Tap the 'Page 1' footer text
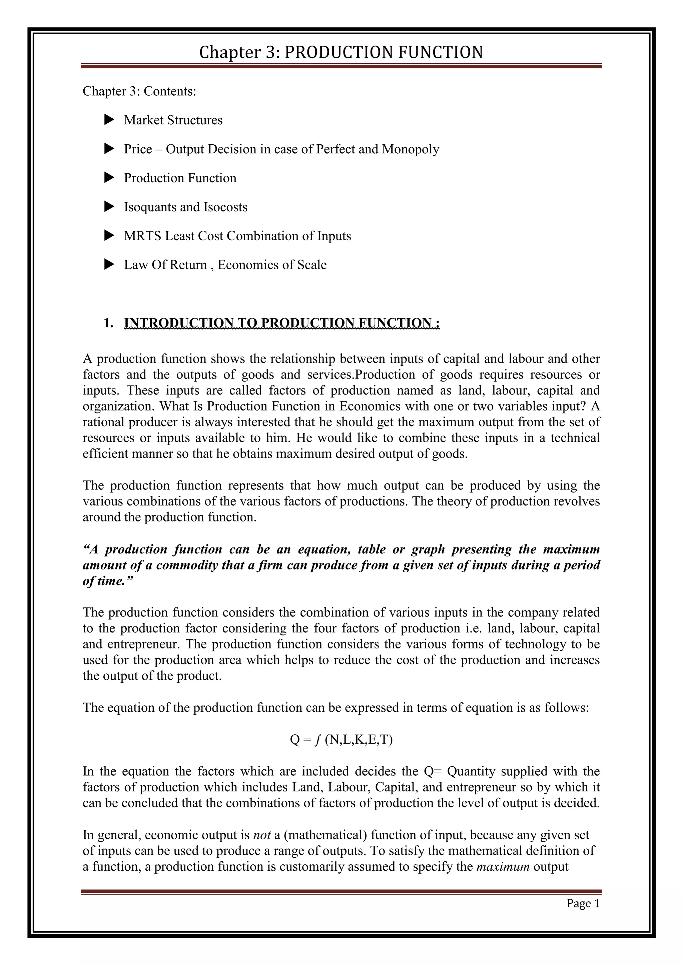pyautogui.click(x=583, y=903)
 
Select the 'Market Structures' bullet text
pyautogui.click(x=173, y=120)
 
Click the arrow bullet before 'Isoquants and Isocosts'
pyautogui.click(x=109, y=207)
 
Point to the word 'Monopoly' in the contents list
pyautogui.click(x=411, y=149)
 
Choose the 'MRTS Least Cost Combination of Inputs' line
pyautogui.click(x=237, y=236)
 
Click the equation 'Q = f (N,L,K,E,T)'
pyautogui.click(x=341, y=739)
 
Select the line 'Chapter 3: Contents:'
pyautogui.click(x=139, y=91)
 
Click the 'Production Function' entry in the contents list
pyautogui.click(x=180, y=178)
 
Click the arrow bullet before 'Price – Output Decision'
pyautogui.click(x=109, y=149)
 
